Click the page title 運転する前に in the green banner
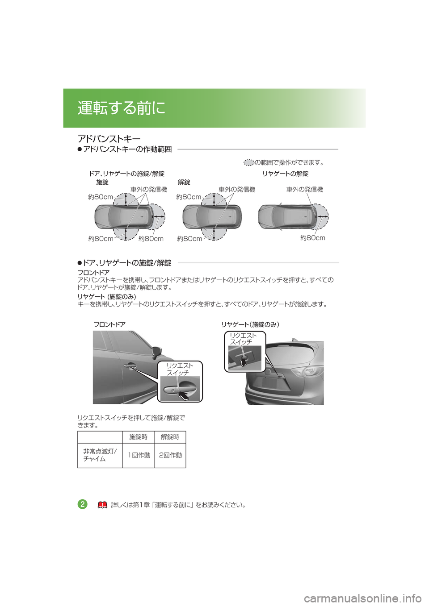[x=122, y=108]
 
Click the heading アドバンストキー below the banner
[x=109, y=139]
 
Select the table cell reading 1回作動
[x=139, y=455]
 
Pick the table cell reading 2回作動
[x=170, y=455]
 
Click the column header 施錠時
[x=138, y=437]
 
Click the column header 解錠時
[x=170, y=437]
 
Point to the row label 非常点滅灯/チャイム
[x=100, y=455]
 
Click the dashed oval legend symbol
[x=248, y=162]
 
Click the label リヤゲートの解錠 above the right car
[x=286, y=174]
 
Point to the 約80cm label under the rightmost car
[x=312, y=238]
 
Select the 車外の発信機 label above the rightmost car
[x=304, y=190]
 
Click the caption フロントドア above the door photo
[x=109, y=324]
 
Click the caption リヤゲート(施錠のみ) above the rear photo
[x=250, y=324]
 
